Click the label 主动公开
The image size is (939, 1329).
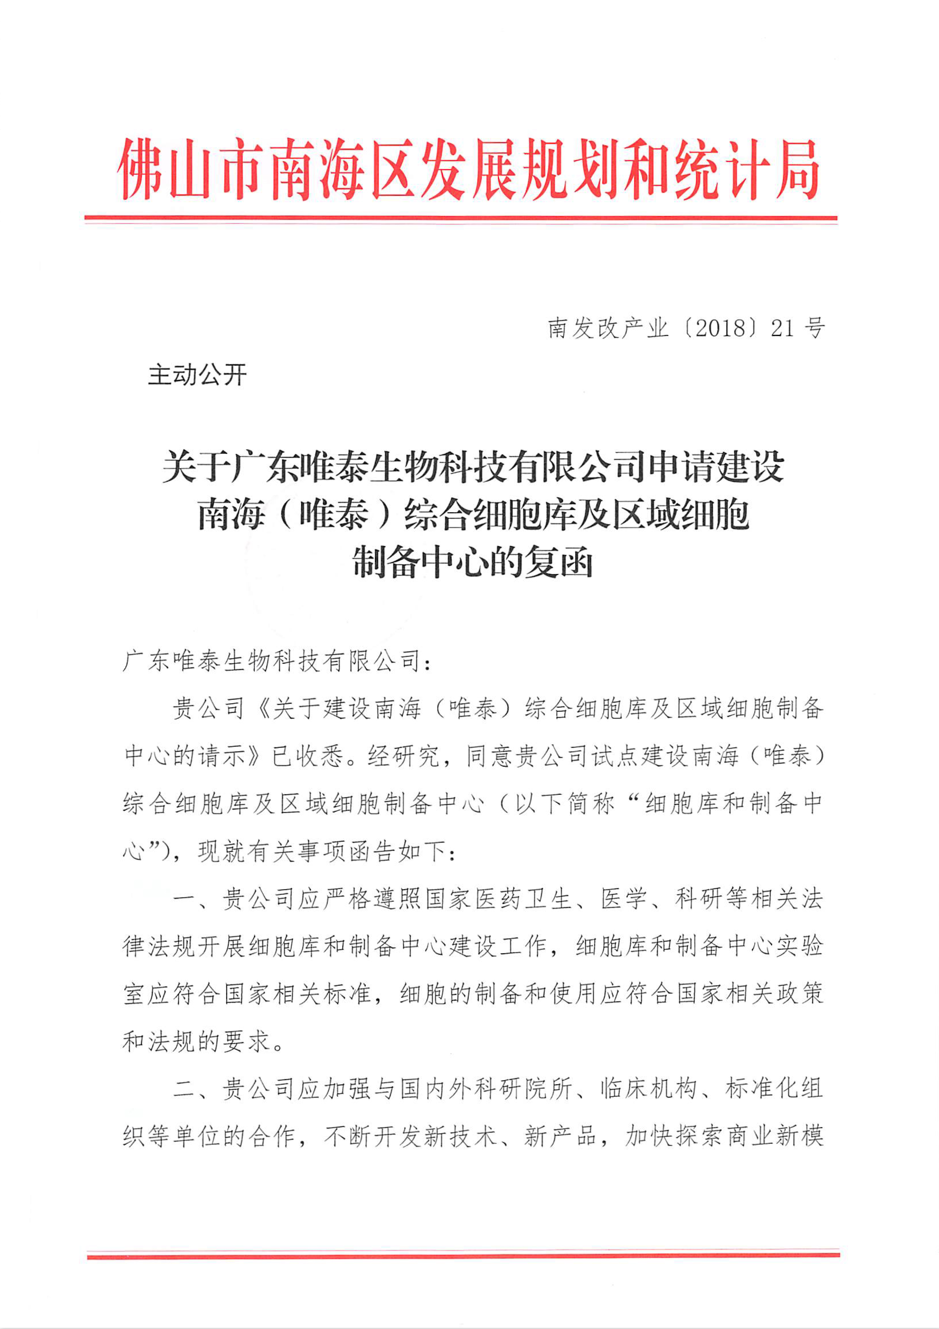point(197,375)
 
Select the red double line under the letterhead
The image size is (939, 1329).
point(460,219)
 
